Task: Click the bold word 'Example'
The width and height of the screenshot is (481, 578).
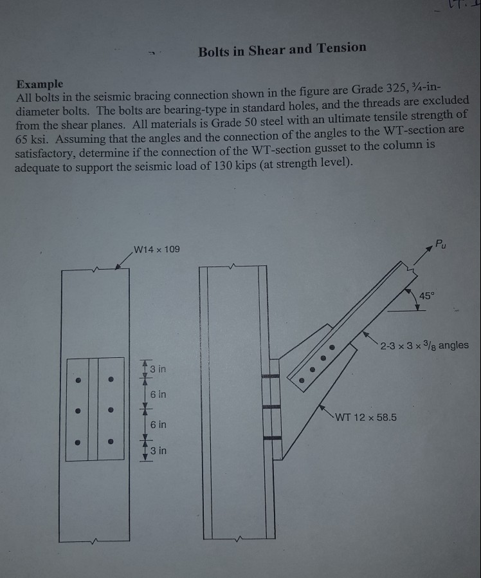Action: click(40, 84)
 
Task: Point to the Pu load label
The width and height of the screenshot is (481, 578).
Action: click(439, 243)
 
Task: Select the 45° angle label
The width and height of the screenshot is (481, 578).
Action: click(427, 295)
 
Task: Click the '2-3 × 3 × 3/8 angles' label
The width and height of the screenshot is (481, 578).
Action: click(424, 346)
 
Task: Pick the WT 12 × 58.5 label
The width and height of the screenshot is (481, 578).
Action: click(365, 417)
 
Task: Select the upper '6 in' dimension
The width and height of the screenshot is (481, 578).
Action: click(158, 394)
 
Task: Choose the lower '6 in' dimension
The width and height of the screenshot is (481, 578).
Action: click(158, 425)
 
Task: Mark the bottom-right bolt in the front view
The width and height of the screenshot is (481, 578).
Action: click(111, 442)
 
